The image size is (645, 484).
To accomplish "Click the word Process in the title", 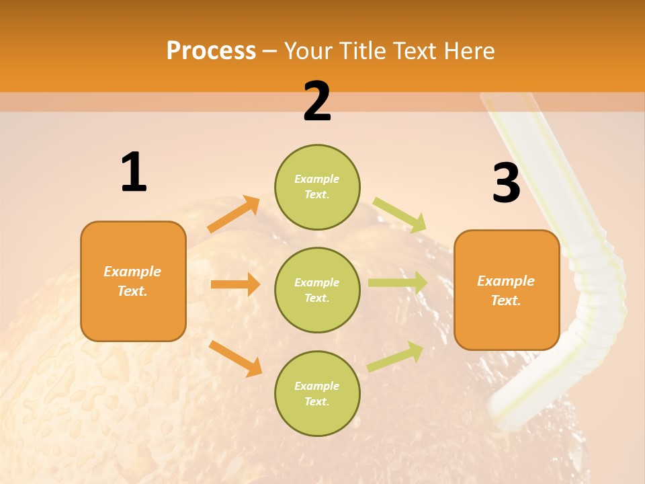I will (211, 51).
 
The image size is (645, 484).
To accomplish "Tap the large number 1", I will (134, 172).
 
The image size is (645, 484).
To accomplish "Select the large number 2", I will (317, 102).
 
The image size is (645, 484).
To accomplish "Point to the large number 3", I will (506, 183).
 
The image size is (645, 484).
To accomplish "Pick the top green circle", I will (317, 186).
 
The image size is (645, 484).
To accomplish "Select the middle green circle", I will (317, 290).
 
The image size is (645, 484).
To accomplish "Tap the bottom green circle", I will (317, 393).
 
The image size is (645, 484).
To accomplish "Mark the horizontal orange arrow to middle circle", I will (235, 284).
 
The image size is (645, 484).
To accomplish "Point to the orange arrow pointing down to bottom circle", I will (235, 358).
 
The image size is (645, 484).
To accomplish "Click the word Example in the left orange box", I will (132, 272).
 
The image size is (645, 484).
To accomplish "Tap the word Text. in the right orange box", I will (506, 300).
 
